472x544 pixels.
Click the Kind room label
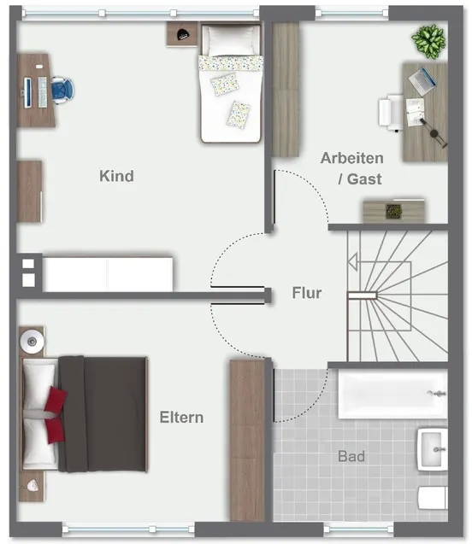[116, 176]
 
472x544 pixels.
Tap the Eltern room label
[181, 417]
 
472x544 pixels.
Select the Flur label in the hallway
[306, 293]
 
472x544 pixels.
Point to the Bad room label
[351, 457]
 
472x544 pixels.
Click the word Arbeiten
[351, 158]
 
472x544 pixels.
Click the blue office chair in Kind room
[62, 87]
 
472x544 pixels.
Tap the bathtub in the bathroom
[391, 394]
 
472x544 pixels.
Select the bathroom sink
[432, 447]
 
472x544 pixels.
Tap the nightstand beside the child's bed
[181, 34]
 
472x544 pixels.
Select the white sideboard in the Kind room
[108, 273]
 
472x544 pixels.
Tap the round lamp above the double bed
[32, 340]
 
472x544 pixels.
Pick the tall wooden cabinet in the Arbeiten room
[285, 89]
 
